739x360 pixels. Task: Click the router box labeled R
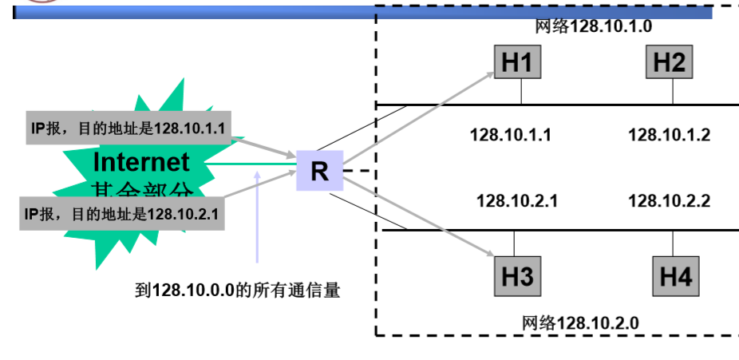tap(319, 171)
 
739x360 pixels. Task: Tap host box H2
tap(670, 62)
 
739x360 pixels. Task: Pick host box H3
tap(516, 276)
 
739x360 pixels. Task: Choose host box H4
tap(675, 276)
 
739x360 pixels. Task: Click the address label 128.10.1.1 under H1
tap(511, 134)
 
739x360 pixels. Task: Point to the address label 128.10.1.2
tap(669, 134)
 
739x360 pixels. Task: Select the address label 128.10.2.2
tap(670, 200)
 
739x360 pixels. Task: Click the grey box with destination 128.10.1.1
tap(128, 128)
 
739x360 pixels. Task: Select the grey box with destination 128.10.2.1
tap(121, 213)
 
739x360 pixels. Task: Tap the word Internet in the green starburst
tap(142, 162)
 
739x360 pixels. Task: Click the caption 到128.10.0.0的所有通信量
tap(238, 290)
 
